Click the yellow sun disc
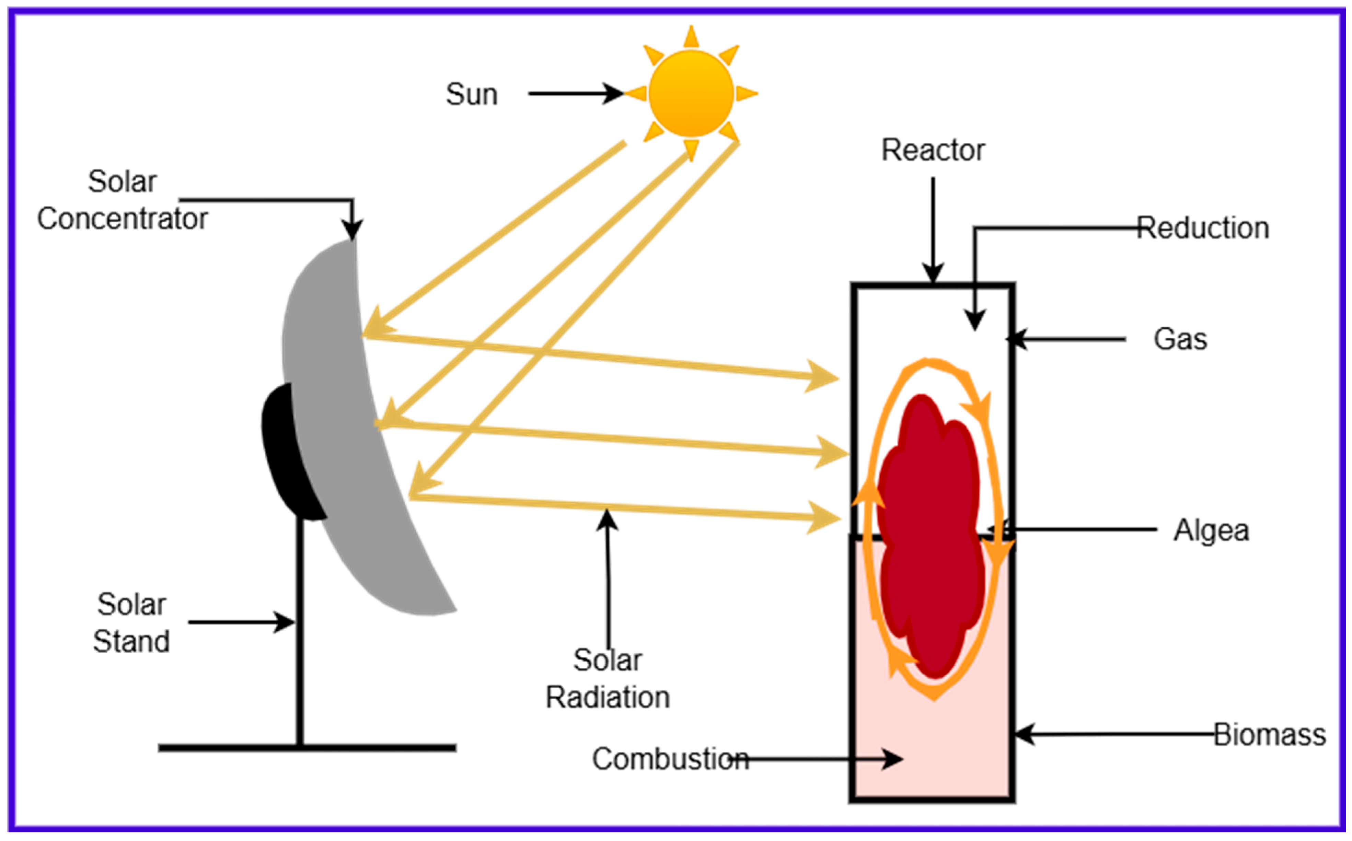pos(691,93)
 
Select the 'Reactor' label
pos(933,150)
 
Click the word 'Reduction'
pos(1203,228)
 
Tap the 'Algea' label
pos(1211,530)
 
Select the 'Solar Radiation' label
pos(608,679)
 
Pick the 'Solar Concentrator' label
pos(123,200)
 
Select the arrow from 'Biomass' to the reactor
pos(1113,734)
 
